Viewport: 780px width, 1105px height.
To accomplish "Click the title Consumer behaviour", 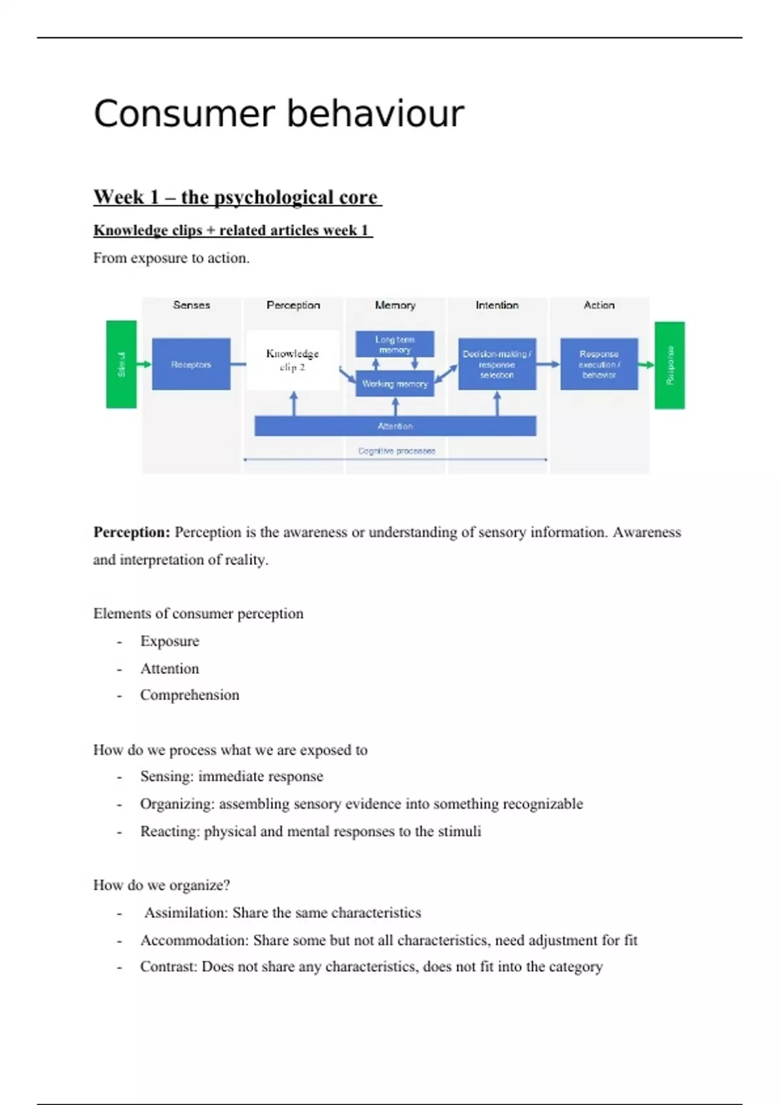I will tap(279, 114).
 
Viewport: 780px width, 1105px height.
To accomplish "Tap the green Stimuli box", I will tap(122, 364).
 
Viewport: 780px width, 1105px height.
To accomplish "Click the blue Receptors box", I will tap(191, 364).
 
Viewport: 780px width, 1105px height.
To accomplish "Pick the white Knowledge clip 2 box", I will tap(292, 360).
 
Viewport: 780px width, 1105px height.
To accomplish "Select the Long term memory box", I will tap(395, 344).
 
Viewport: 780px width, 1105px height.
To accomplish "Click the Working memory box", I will tap(395, 383).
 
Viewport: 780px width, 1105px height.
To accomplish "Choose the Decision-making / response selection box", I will tap(497, 364).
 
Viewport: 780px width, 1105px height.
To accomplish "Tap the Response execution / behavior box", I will tap(599, 364).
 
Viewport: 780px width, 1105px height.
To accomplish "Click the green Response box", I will tap(669, 365).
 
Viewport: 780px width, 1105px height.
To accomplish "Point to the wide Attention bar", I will tap(395, 426).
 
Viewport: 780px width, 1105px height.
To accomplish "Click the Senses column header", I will tap(192, 305).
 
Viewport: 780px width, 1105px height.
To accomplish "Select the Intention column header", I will tap(497, 305).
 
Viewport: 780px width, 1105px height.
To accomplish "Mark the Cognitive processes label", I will tap(396, 450).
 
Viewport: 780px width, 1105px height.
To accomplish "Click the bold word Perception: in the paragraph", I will tap(132, 532).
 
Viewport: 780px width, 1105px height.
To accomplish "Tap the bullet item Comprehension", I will tap(190, 695).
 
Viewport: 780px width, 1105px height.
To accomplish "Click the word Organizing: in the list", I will tap(177, 804).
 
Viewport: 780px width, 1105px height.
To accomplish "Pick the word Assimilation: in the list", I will tap(186, 913).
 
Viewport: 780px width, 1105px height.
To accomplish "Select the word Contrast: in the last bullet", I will tap(168, 967).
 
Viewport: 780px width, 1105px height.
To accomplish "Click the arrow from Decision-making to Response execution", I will tap(548, 364).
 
